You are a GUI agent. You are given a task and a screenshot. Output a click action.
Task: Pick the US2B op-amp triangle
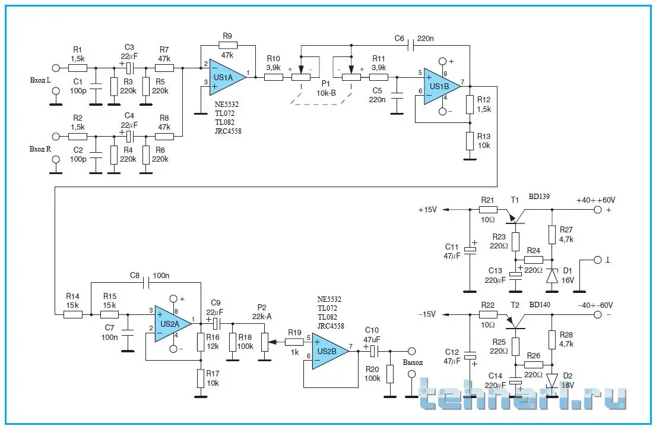pos(329,351)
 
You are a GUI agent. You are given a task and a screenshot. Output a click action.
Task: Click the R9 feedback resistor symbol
pos(227,45)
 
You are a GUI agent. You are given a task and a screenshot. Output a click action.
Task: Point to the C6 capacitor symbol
pos(410,45)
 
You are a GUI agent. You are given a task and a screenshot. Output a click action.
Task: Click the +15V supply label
pos(427,210)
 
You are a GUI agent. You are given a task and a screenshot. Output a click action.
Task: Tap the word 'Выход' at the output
pos(413,362)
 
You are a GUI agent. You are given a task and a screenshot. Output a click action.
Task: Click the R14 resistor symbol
pos(72,314)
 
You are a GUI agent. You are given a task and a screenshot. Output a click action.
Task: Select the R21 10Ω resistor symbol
pos(487,210)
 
